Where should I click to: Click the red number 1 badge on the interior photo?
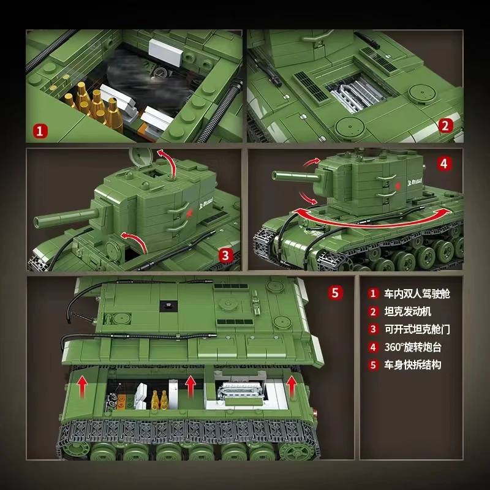pos(40,130)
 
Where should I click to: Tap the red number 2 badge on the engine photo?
pos(446,126)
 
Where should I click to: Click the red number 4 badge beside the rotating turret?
pos(445,164)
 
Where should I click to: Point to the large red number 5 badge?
pos(334,292)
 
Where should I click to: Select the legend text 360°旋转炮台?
pos(413,347)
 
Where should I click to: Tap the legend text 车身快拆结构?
pos(413,365)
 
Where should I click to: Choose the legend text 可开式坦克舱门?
pos(417,330)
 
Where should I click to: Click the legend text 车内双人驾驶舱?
pos(417,294)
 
